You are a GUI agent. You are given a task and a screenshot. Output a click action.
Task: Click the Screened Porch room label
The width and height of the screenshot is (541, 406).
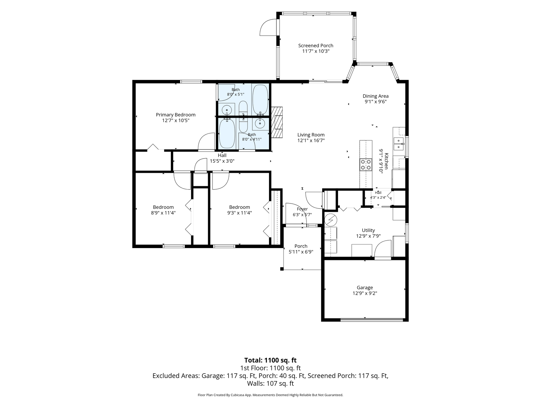tap(316, 46)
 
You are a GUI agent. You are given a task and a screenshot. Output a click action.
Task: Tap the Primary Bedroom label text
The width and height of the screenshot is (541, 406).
tap(176, 115)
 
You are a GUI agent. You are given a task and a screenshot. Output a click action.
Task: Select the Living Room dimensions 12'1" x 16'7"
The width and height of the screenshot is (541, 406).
tap(311, 140)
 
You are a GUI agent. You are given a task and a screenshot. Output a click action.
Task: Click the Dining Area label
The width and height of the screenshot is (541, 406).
tap(375, 96)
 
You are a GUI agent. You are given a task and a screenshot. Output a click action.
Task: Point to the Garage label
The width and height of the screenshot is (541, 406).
tap(365, 288)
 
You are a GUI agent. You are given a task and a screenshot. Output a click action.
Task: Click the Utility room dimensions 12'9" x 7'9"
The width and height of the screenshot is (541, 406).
tap(368, 236)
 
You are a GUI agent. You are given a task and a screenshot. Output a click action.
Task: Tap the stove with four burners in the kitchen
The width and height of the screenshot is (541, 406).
tap(366, 164)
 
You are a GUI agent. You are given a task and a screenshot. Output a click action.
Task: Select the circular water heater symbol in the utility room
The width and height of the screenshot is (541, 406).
tap(331, 220)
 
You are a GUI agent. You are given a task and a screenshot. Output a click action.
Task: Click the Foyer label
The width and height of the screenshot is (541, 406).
tap(302, 209)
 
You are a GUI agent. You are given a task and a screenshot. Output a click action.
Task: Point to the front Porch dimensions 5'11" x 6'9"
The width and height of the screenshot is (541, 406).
tap(301, 252)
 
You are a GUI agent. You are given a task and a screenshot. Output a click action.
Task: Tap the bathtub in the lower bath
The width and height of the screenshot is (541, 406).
tap(227, 134)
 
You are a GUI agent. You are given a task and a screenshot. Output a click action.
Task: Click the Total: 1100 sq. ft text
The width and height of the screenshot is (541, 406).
tap(270, 360)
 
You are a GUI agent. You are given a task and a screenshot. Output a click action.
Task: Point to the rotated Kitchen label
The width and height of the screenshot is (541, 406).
tap(386, 161)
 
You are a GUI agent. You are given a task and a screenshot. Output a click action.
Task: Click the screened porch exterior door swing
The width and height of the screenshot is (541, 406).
tap(268, 28)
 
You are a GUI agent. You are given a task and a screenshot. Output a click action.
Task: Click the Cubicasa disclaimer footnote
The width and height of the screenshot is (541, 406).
tap(270, 395)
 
